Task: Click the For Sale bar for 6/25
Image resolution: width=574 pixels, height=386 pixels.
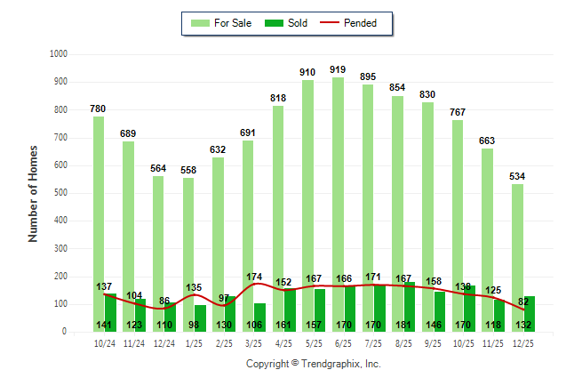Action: click(338, 196)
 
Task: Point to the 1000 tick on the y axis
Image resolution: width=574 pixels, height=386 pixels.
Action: click(60, 54)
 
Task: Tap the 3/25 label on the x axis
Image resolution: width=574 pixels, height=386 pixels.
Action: click(253, 342)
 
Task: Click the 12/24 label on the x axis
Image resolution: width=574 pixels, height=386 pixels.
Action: click(163, 342)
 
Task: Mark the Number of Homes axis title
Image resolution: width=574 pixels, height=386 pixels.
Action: click(34, 192)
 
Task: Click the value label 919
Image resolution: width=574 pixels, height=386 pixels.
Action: click(338, 69)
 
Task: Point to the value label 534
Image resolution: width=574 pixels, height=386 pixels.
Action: click(517, 176)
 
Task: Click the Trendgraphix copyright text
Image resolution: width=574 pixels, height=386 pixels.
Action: click(313, 365)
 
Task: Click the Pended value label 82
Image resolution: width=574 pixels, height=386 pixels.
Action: click(523, 302)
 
